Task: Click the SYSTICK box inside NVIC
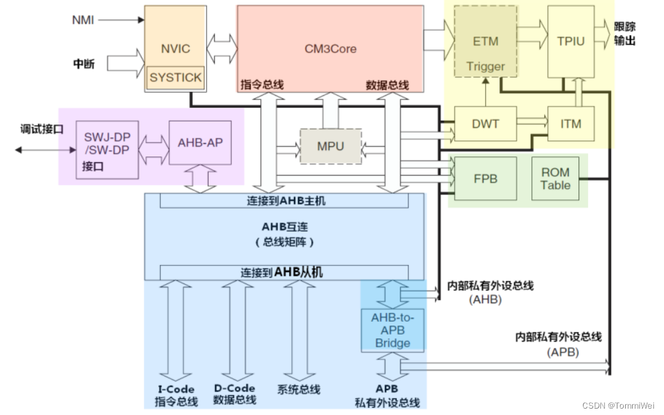pos(175,78)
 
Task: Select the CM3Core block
pos(330,49)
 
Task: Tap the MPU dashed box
pos(330,146)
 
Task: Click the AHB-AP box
pos(200,142)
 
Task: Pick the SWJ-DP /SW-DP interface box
pos(107,149)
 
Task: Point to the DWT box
pos(485,124)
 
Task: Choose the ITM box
pos(571,124)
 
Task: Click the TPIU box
pos(571,41)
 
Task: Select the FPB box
pos(485,178)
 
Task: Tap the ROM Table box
pos(555,179)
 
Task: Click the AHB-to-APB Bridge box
pos(392,329)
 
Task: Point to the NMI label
pos(83,20)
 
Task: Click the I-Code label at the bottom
pos(176,389)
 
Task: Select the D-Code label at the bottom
pos(234,388)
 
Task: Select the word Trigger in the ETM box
pos(485,66)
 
